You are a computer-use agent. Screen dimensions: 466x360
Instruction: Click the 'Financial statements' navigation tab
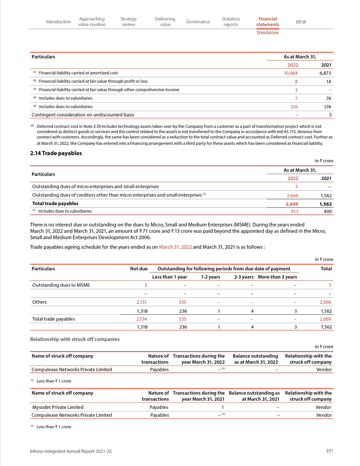268,22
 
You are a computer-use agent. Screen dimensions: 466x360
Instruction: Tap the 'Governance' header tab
198,22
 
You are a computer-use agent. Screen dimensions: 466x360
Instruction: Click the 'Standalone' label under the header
267,33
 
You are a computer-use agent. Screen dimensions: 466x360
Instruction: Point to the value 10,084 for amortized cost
290,73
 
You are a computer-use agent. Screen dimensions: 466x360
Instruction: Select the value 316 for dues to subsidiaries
292,107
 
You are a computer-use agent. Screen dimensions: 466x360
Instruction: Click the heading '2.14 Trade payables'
56,153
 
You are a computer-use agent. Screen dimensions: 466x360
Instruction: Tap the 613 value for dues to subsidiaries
293,211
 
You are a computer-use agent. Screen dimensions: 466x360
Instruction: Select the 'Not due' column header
139,269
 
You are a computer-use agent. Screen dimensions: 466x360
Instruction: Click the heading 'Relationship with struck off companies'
75,339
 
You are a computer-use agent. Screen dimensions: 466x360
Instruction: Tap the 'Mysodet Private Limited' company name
57,407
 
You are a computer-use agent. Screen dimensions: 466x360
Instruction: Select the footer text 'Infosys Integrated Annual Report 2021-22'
71,452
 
